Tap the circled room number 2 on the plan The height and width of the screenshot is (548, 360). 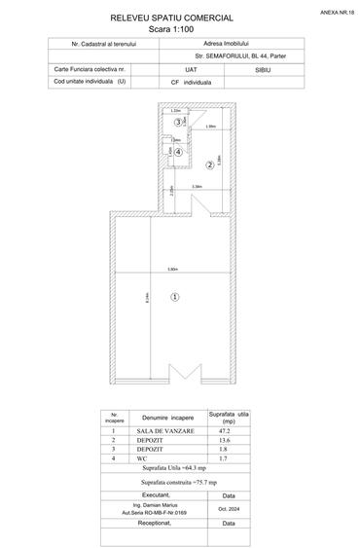(208, 165)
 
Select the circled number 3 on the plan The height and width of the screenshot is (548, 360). (177, 122)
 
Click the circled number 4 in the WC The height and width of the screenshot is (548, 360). (178, 152)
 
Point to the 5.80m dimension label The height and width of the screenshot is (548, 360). (172, 269)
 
